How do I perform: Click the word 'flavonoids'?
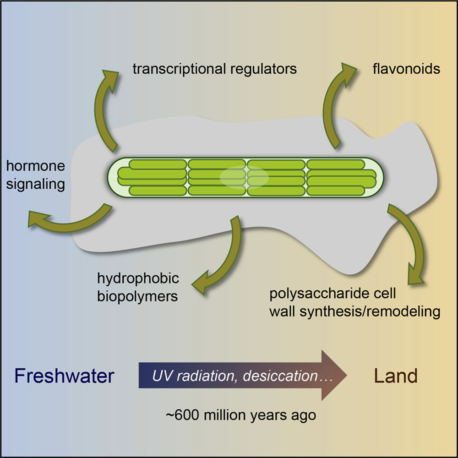(406, 69)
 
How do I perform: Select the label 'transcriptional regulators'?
(215, 69)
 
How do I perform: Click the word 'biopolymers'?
(137, 296)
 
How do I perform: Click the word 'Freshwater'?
(64, 376)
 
